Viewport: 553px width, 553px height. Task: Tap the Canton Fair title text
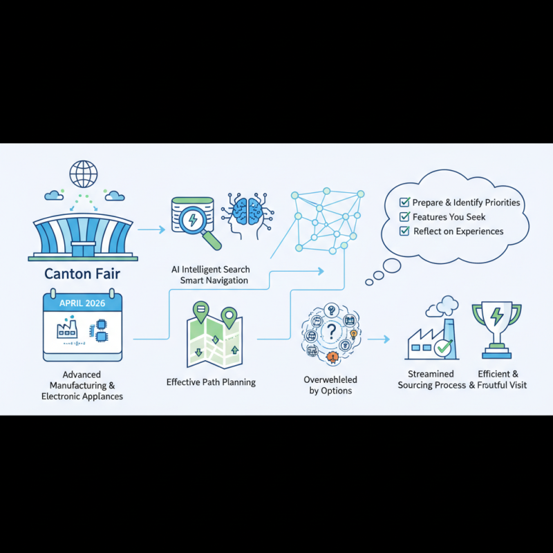82,274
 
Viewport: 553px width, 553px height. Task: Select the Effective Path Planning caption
211,382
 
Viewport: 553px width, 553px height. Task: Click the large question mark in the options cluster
331,330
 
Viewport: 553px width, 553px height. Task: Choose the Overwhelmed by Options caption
330,385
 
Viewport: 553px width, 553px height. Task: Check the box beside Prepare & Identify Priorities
404,203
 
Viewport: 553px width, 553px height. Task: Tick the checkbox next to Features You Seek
404,217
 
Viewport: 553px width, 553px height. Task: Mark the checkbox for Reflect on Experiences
404,232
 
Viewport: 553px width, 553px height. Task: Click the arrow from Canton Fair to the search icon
151,229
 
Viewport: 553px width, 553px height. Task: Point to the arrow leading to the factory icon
378,339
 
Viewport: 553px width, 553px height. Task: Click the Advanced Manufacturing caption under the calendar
82,386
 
